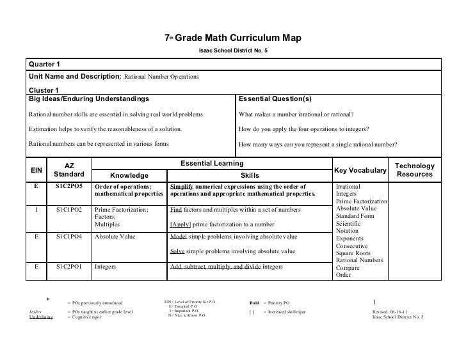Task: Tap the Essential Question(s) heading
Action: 275,99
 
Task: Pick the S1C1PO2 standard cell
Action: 68,210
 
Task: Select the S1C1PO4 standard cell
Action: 68,236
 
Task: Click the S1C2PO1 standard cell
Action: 68,267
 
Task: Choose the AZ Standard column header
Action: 68,169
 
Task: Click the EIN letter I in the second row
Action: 38,210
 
